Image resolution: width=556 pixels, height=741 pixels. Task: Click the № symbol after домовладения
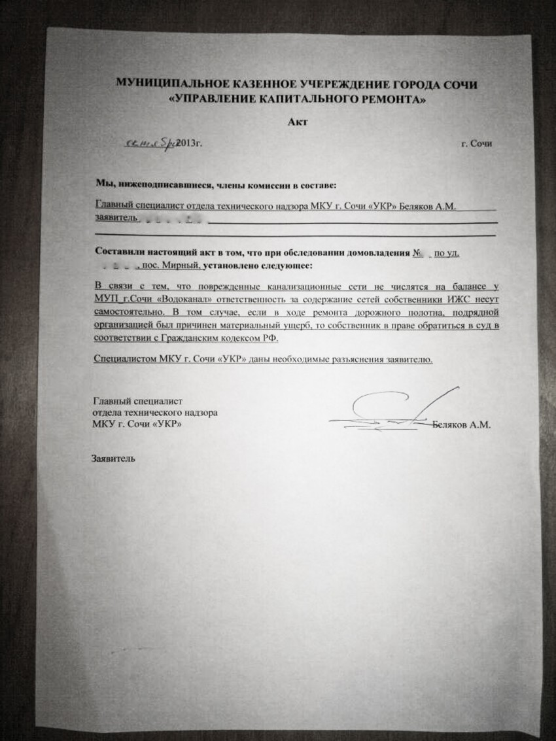coord(415,252)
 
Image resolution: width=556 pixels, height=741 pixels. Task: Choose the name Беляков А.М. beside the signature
coord(462,424)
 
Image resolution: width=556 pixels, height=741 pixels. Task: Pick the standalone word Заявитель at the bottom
coord(114,458)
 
